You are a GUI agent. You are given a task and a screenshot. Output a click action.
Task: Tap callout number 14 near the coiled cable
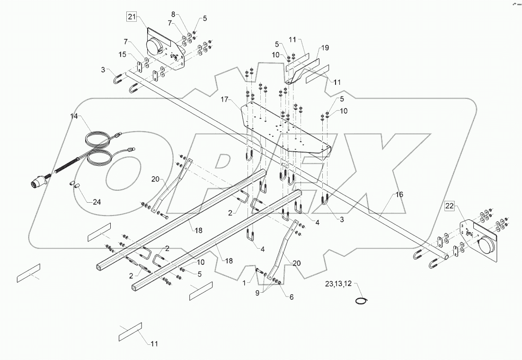point(75,116)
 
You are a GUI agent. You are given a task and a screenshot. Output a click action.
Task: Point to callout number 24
point(97,202)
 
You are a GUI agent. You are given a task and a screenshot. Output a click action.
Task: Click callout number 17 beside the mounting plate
point(224,100)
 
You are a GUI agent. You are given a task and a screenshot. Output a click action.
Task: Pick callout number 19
point(325,48)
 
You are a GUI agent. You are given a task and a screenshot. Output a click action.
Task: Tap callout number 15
point(123,55)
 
